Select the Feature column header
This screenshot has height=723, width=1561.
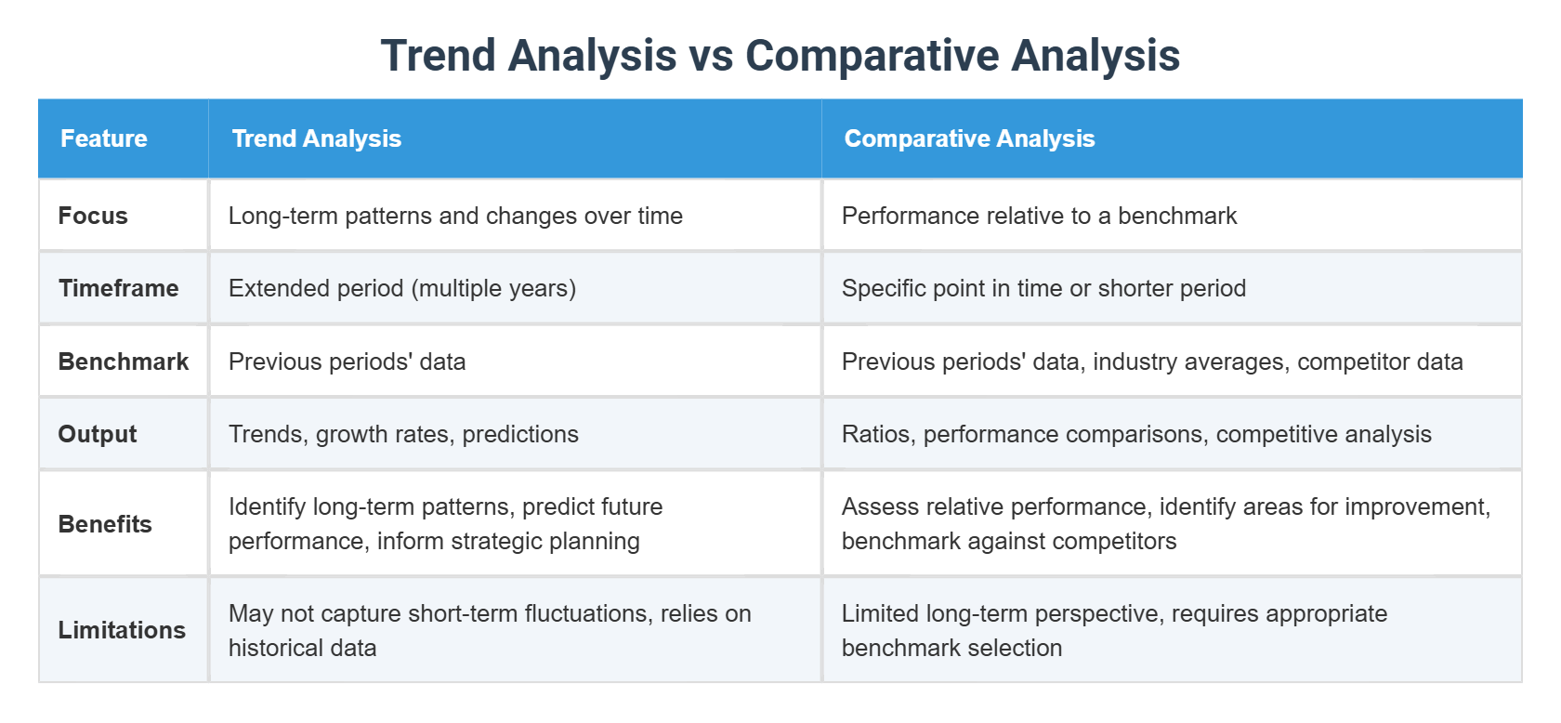click(x=104, y=138)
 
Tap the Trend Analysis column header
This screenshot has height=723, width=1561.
click(x=316, y=138)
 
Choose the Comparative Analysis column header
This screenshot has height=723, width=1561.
click(x=969, y=138)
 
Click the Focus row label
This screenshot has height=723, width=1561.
click(x=93, y=216)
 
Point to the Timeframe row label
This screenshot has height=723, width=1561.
click(x=118, y=288)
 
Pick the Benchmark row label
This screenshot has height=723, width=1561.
click(x=123, y=361)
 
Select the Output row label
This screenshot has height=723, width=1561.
click(x=97, y=434)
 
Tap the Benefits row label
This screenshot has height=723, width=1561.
click(x=105, y=524)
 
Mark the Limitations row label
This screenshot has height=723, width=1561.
click(x=122, y=630)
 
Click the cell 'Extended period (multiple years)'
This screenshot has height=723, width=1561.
click(x=401, y=288)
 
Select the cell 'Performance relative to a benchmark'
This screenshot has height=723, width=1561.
click(x=1039, y=216)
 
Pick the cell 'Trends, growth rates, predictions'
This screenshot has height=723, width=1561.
click(x=403, y=434)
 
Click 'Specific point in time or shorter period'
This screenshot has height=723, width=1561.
click(x=1043, y=288)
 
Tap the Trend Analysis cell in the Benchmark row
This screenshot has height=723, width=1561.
click(x=347, y=361)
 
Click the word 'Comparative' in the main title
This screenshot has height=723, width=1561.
click(x=872, y=56)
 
